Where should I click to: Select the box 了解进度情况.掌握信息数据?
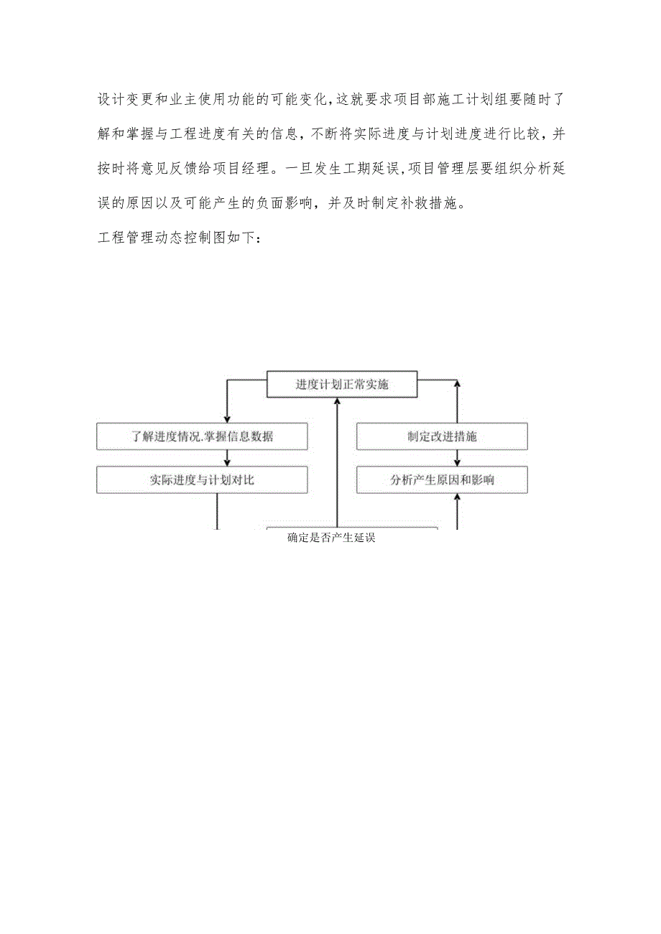[202, 436]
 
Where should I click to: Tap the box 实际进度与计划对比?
[202, 480]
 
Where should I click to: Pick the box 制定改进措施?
[442, 436]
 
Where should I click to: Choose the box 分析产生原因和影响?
[442, 480]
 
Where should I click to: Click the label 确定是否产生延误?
[331, 538]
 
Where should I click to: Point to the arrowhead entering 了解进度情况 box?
[226, 419]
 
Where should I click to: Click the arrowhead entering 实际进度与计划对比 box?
[226, 462]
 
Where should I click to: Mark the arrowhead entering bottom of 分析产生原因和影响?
[457, 498]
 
